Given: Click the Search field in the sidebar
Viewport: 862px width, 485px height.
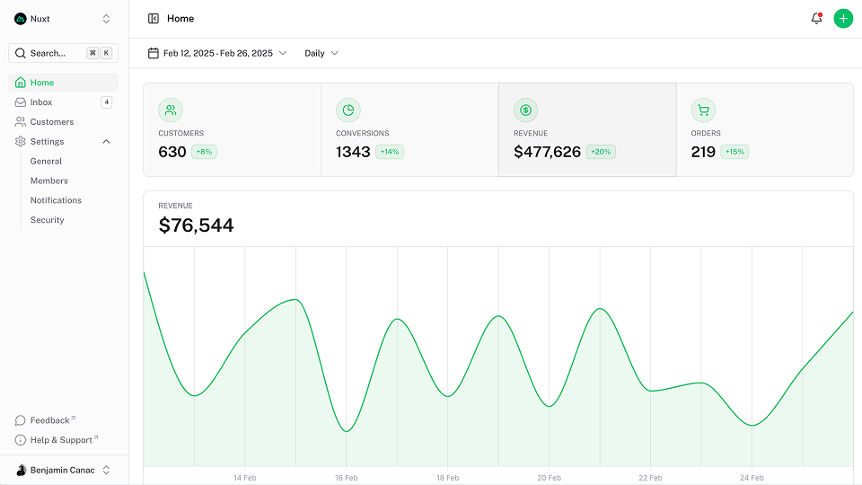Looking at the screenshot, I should pos(54,53).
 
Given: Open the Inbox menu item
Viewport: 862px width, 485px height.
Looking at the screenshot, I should pos(41,102).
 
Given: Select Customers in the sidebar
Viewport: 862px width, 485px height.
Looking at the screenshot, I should pos(52,122).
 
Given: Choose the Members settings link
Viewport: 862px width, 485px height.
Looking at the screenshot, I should pos(49,181).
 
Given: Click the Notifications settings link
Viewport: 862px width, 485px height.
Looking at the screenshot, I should pos(56,200).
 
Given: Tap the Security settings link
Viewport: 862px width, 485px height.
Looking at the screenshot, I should pos(48,220).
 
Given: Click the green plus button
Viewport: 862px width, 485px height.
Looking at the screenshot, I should pos(842,18).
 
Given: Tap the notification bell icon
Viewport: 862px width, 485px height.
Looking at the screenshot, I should pos(816,18).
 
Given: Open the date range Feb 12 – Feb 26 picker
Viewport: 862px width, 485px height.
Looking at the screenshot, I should pos(217,53).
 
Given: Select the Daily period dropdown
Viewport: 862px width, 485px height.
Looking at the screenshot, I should pos(321,53).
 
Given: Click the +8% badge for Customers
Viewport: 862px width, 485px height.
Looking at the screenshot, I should pos(204,152).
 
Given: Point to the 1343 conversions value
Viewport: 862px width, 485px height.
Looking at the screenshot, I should pos(353,152).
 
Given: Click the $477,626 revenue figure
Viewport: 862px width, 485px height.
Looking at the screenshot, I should pos(547,152).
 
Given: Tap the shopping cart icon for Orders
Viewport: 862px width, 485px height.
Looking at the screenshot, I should pos(703,110).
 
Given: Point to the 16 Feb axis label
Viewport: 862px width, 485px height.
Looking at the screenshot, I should pos(346,478).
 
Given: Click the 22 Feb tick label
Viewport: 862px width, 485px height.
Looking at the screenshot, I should pos(650,478).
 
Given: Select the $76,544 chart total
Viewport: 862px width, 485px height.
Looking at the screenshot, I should pos(196,225).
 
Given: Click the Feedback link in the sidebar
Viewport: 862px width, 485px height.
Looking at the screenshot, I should pos(50,420).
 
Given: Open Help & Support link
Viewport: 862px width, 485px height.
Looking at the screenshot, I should pos(61,440).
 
